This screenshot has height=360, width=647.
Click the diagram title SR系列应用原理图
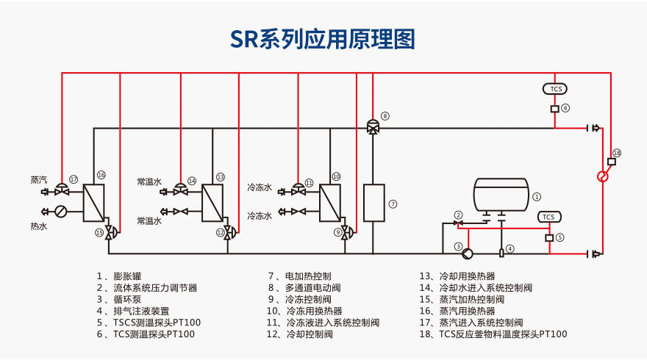[323, 38]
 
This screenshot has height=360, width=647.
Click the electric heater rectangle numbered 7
[373, 202]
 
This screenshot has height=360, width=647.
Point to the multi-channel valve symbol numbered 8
[373, 127]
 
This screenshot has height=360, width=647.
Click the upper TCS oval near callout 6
[556, 89]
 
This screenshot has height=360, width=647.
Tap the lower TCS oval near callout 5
[548, 217]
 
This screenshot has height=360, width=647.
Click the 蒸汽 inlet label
[38, 180]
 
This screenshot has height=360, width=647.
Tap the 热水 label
[38, 227]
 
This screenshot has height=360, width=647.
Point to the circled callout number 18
[616, 152]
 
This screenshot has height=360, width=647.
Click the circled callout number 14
[192, 181]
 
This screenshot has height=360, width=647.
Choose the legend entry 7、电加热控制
[299, 276]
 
